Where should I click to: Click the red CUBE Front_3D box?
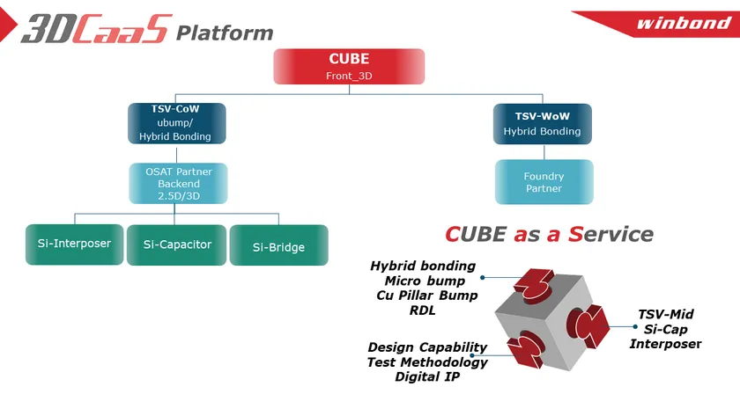point(349,67)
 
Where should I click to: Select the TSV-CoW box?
point(176,123)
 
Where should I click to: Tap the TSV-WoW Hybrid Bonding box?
point(542,123)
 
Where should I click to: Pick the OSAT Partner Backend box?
point(179,184)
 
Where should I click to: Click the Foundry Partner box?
point(543,182)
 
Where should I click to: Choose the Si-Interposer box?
point(74,244)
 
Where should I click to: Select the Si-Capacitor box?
point(177,244)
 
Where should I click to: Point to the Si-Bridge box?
point(278,245)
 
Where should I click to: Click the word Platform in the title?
point(225,33)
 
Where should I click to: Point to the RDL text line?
point(422,310)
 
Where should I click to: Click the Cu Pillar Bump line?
point(426,296)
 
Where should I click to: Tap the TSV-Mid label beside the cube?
point(665,313)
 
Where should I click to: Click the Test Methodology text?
point(426,362)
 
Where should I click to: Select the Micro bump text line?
point(425,281)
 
